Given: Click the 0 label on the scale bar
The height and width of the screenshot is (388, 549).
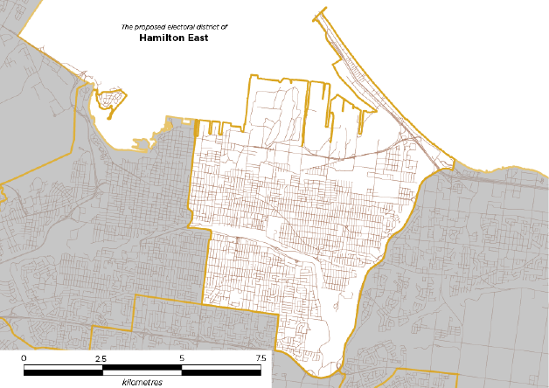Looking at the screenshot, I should coord(24,358).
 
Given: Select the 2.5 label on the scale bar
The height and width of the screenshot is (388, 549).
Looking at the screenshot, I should coord(101,358).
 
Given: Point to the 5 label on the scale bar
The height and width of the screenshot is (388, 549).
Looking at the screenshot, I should coord(182,358).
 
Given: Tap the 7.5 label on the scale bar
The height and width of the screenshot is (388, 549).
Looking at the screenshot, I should coord(260,358).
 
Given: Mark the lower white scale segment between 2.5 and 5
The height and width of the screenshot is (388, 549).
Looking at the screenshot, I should coord(142,372).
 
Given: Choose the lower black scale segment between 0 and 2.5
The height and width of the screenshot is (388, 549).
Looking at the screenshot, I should coord(63,372).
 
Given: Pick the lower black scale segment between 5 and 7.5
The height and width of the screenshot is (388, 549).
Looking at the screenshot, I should coord(220,372).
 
